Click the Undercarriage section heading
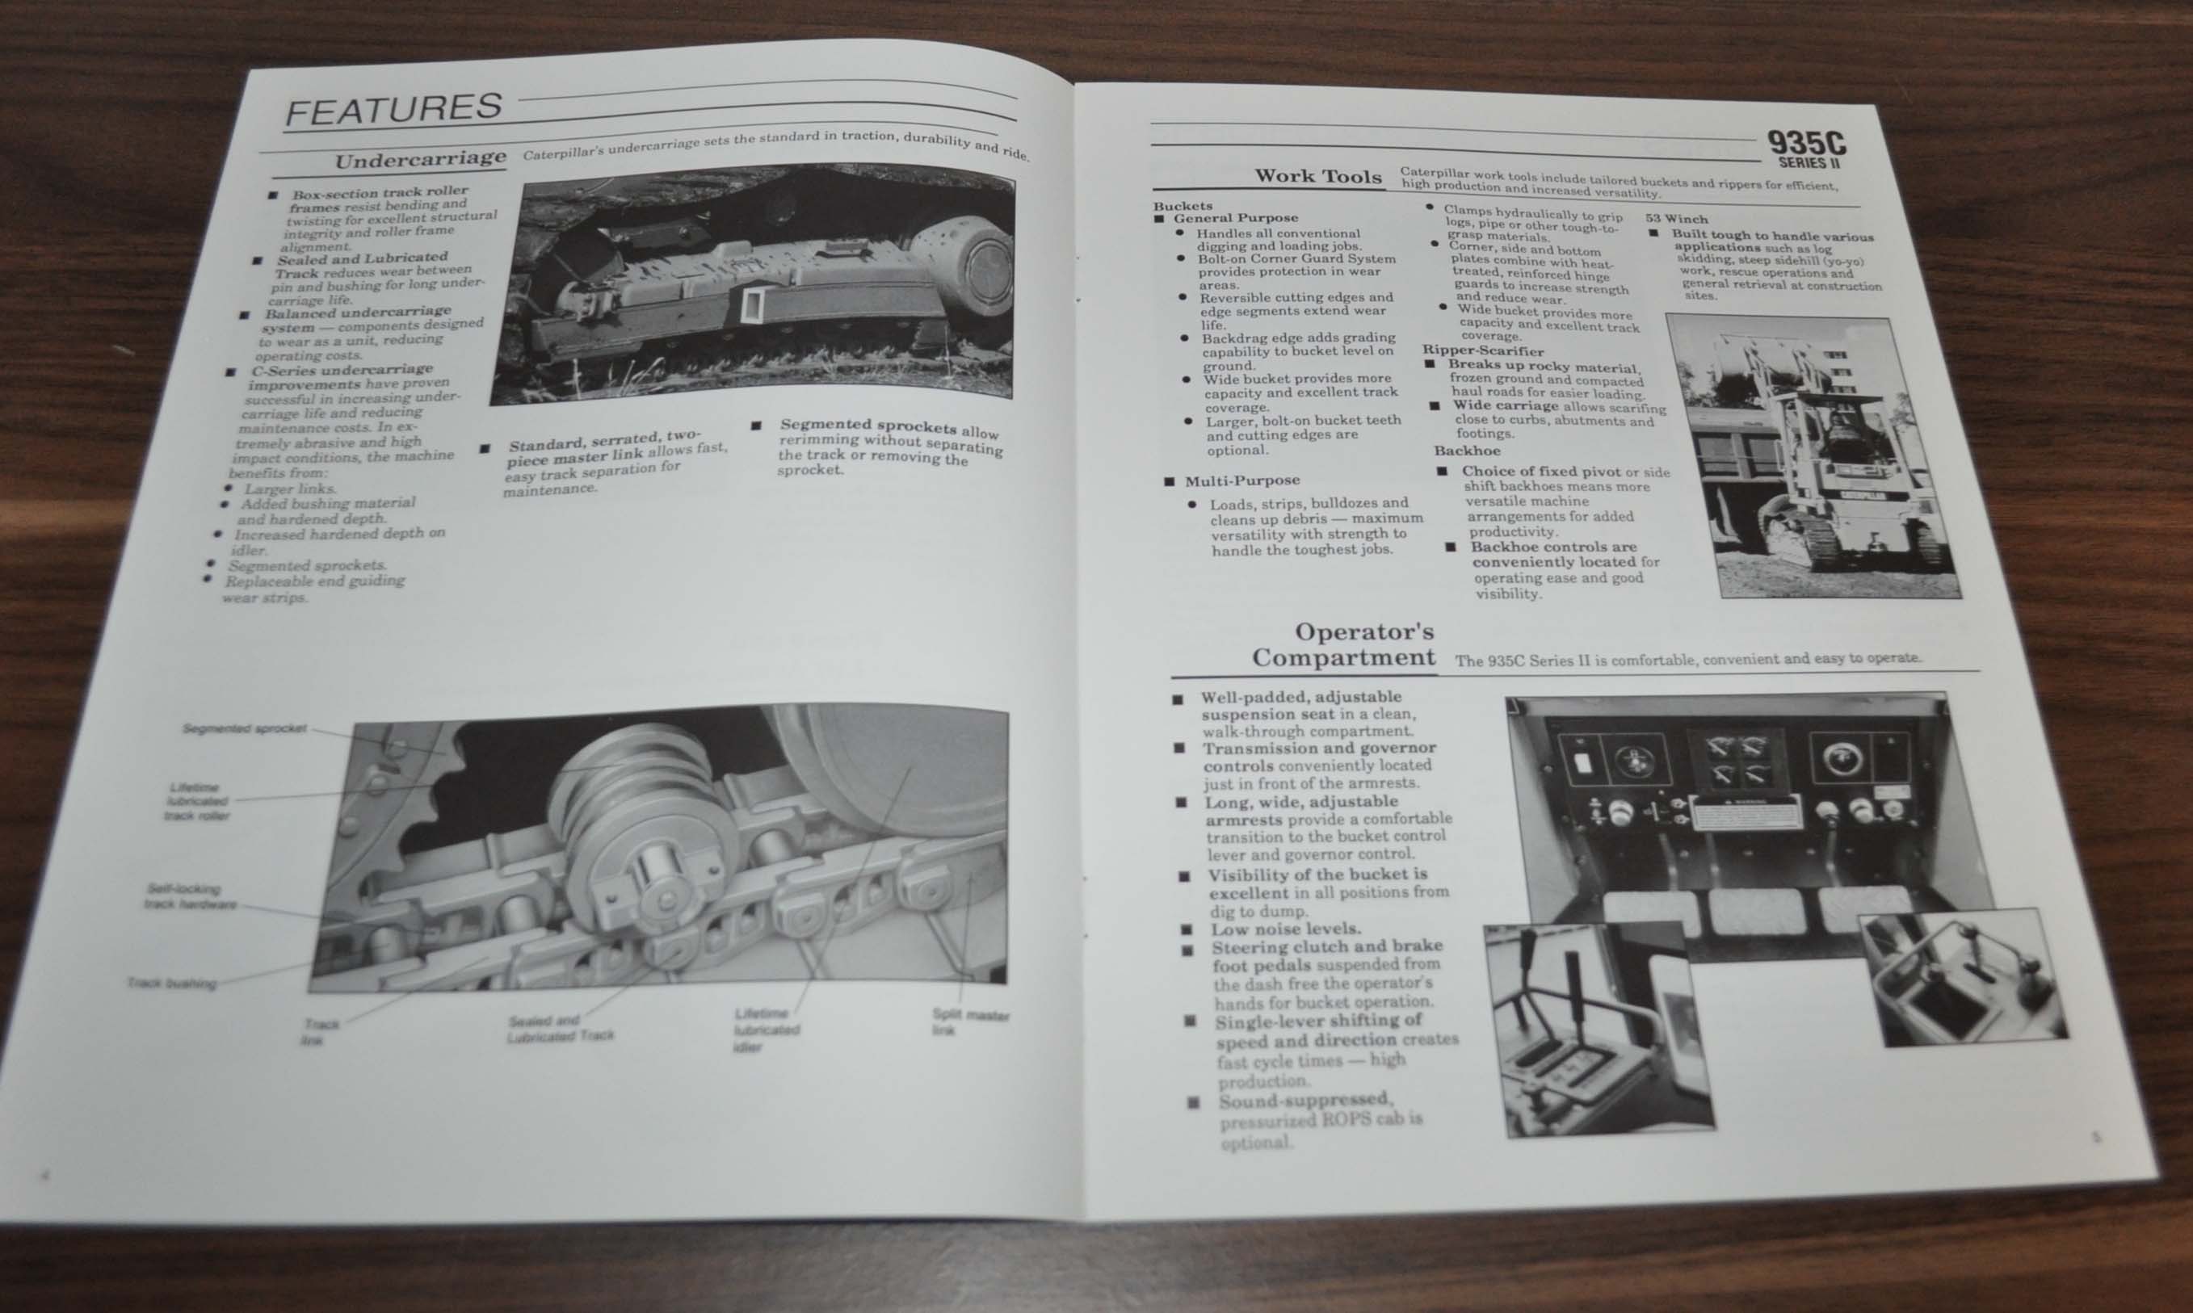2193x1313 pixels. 420,160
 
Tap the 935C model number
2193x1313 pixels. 1806,145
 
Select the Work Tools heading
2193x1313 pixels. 1317,176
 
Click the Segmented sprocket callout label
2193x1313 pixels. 244,728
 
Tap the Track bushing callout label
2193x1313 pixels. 170,983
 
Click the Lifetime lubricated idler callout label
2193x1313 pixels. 765,1029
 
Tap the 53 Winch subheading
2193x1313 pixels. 1676,220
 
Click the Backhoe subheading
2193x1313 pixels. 1468,451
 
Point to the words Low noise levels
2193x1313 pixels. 1285,928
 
